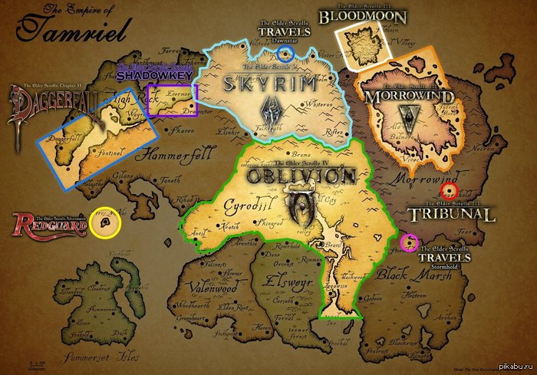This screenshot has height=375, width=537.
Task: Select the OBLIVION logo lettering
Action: click(x=301, y=176)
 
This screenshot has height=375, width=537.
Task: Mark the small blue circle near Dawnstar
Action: click(x=285, y=53)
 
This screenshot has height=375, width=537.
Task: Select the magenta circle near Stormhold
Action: click(x=409, y=243)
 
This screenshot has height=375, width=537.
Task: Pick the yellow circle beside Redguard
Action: click(x=104, y=223)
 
